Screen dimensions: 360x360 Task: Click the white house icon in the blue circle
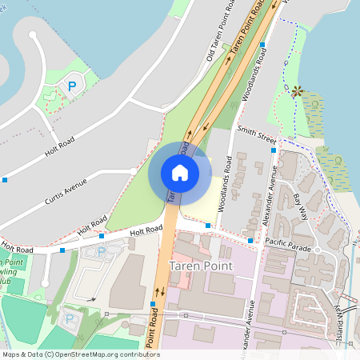(x=180, y=172)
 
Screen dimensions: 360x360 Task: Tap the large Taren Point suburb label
(x=201, y=265)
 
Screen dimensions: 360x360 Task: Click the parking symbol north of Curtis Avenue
(x=73, y=86)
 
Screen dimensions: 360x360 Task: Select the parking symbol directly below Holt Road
(x=102, y=253)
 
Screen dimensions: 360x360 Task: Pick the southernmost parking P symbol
(x=69, y=319)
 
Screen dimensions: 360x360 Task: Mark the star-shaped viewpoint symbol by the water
(x=297, y=92)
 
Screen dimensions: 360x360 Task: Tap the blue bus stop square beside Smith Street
(x=274, y=150)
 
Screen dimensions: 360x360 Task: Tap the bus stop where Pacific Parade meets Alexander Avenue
(x=250, y=240)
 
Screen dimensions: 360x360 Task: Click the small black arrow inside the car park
(x=94, y=299)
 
